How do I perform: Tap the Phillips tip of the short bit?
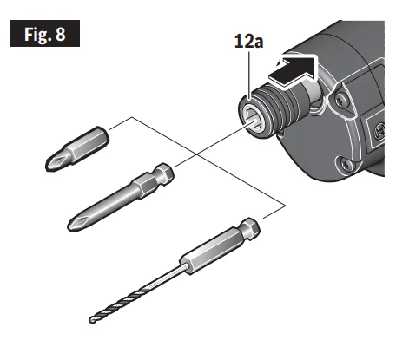tap(54, 158)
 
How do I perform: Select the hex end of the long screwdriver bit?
tap(163, 172)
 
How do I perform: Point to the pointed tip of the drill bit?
tap(91, 324)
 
